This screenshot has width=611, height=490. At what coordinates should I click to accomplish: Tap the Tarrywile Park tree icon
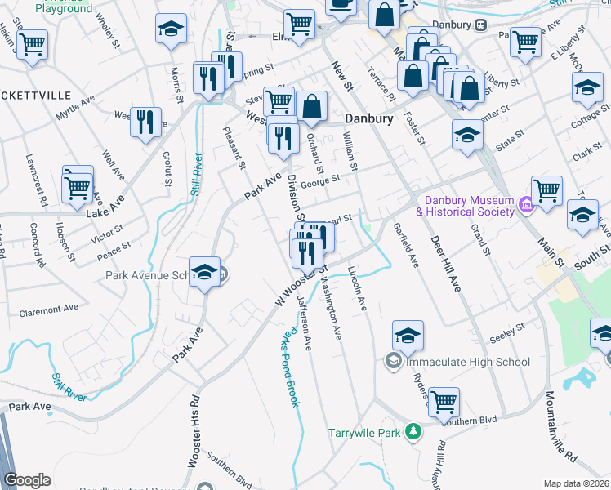coord(414,430)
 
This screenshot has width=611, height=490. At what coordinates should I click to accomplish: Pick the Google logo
coord(27,480)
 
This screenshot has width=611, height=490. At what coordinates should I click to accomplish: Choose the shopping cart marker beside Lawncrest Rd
coord(78,185)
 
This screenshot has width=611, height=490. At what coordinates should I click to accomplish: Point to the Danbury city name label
coord(368,118)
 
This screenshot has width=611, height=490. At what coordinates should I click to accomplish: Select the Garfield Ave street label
coord(405,246)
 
